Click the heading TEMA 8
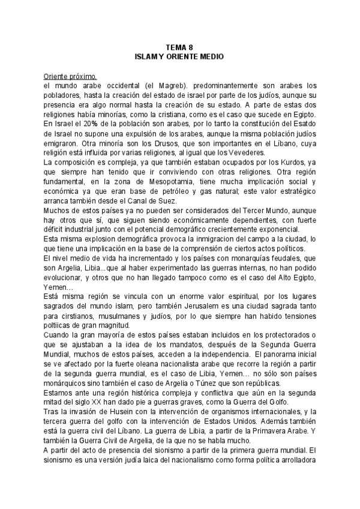point(180,47)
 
